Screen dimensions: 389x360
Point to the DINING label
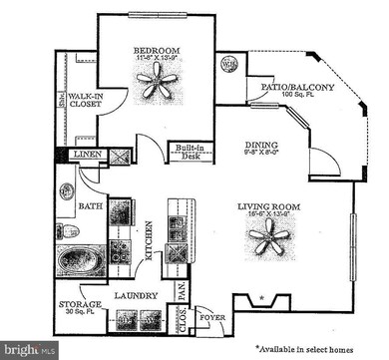[x=260, y=144]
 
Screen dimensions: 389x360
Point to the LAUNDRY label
[x=133, y=296]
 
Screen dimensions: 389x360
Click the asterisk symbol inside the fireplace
[x=261, y=298]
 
